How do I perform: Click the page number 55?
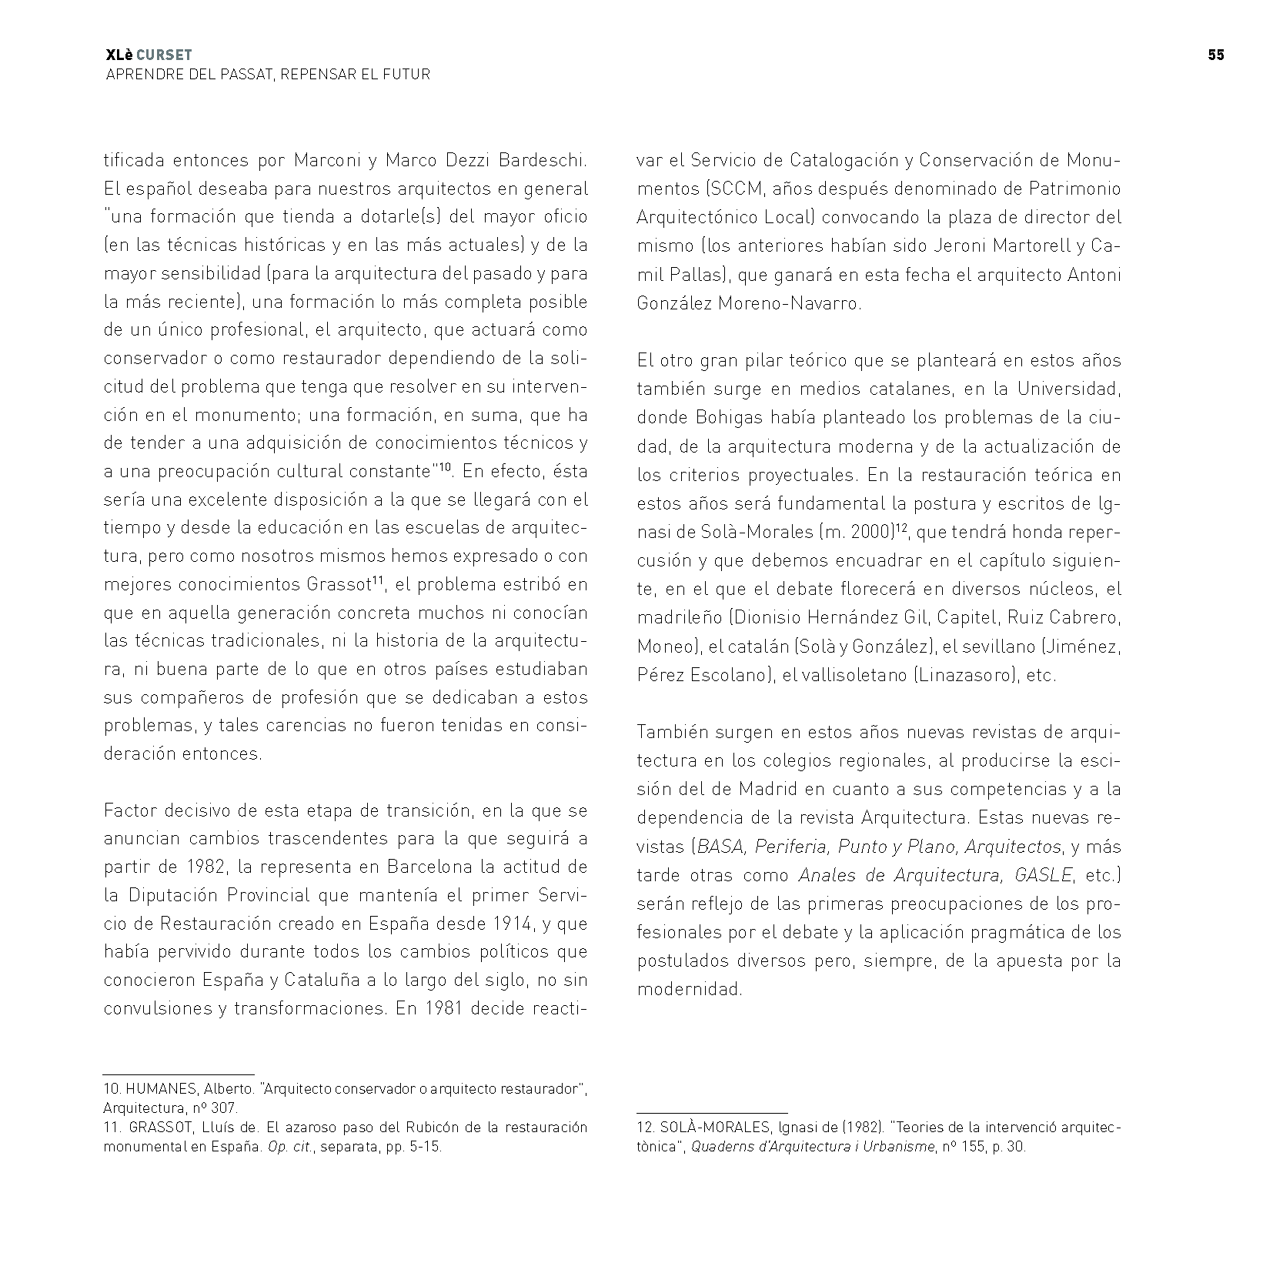(1215, 55)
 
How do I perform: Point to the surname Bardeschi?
(543, 161)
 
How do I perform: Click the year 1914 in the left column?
(447, 924)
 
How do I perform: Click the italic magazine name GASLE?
(1044, 875)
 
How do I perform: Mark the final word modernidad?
(689, 989)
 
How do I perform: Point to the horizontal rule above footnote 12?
(712, 1113)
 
